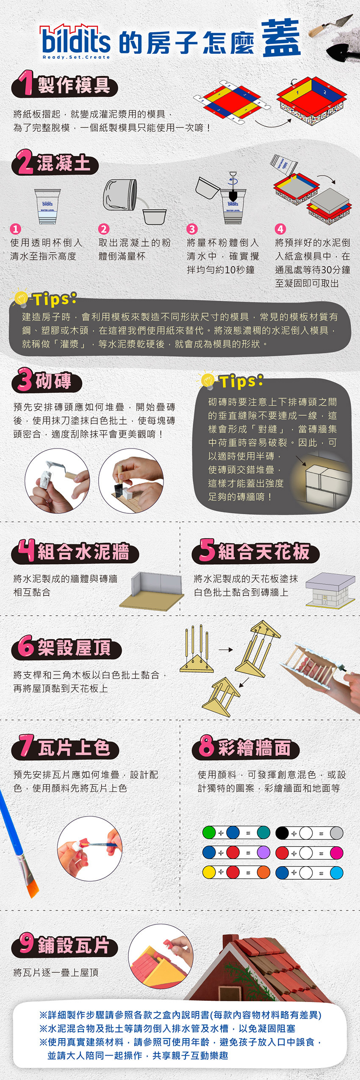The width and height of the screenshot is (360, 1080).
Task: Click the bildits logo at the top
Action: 75,41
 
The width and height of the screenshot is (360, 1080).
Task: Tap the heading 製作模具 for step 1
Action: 74,85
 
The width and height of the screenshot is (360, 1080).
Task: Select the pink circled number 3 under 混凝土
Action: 192,229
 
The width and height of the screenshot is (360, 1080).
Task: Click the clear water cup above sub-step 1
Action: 47,206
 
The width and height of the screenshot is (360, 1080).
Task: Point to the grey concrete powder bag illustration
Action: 120,194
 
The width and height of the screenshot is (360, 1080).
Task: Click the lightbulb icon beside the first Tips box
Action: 20,299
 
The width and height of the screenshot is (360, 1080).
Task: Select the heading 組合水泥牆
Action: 83,552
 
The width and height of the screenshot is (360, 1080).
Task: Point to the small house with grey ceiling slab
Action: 330,589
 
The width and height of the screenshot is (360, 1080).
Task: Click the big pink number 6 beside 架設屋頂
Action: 26,647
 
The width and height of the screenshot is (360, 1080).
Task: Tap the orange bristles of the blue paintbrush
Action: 32,885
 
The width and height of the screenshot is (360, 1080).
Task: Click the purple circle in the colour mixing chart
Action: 263,853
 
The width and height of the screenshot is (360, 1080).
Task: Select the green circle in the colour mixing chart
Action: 209,832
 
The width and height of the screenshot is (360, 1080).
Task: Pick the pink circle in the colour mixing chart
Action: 336,853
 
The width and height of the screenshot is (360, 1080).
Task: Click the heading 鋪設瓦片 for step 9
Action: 74,946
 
